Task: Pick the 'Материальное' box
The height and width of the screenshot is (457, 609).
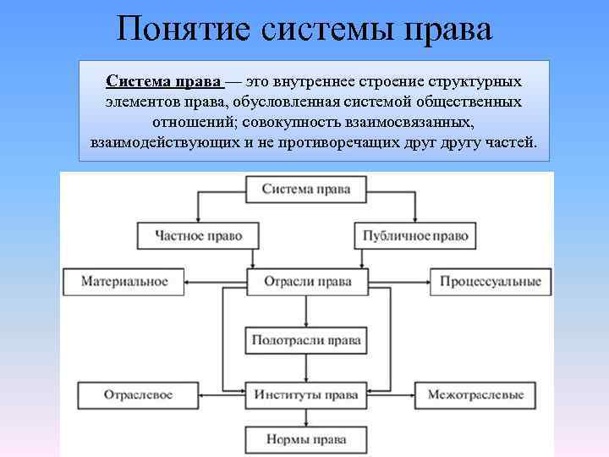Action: tap(123, 281)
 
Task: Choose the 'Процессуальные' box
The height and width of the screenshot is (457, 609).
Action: tap(490, 281)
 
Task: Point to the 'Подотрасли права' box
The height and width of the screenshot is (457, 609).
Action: tap(305, 341)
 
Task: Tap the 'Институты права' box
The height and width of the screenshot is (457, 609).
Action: tap(305, 395)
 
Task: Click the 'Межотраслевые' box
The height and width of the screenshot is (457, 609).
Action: tap(475, 395)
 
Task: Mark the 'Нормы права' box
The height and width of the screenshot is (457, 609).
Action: tap(305, 440)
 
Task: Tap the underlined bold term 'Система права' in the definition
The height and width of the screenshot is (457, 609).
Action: tap(164, 81)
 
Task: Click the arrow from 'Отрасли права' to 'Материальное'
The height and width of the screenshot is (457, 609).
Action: tap(216, 281)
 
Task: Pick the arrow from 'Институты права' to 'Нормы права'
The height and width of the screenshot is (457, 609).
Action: tap(305, 416)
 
